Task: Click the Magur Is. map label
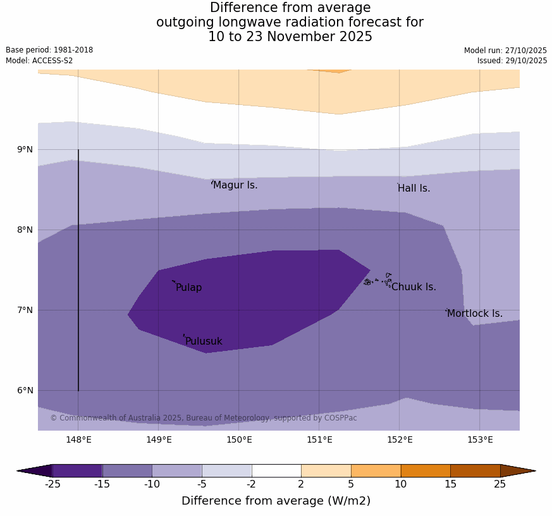point(235,185)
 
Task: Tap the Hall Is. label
point(414,188)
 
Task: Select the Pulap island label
point(188,288)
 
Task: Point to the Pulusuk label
point(204,341)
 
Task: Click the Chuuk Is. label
point(414,287)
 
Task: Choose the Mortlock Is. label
point(474,314)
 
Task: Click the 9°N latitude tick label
point(25,149)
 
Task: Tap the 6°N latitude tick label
point(25,390)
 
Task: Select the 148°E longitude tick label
point(78,440)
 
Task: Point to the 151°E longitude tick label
point(319,440)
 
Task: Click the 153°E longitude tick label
point(480,440)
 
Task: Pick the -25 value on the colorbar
point(52,484)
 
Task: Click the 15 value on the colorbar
point(450,484)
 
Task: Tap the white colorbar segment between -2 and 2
point(276,470)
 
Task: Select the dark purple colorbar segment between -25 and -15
point(77,470)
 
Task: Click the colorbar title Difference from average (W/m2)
point(276,501)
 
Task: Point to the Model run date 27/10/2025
point(505,51)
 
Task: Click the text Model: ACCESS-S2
point(39,61)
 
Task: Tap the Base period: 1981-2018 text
point(49,50)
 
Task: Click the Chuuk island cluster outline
point(378,280)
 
